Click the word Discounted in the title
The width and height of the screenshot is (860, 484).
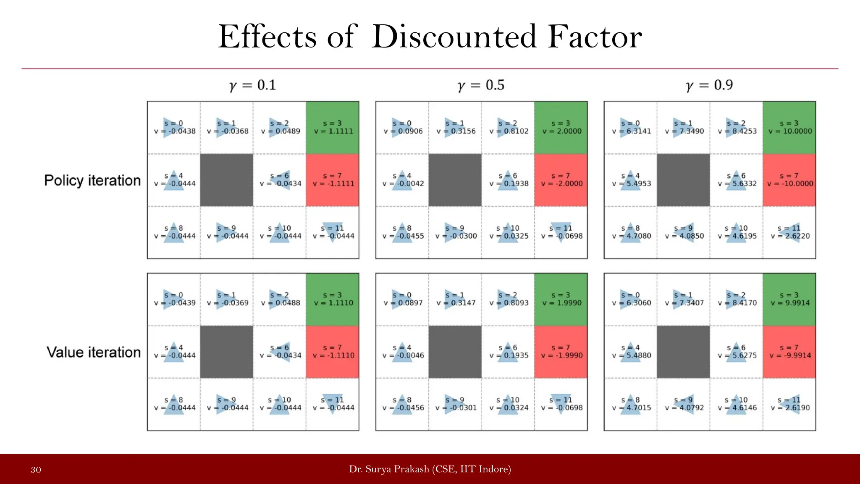pyautogui.click(x=454, y=37)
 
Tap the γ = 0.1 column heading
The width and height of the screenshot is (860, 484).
pyautogui.click(x=253, y=85)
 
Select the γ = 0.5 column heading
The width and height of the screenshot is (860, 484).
pyautogui.click(x=481, y=85)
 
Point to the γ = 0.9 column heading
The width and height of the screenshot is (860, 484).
pyautogui.click(x=710, y=85)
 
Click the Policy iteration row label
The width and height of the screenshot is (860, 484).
pyautogui.click(x=92, y=181)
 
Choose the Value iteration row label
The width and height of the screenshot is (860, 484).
pyautogui.click(x=94, y=352)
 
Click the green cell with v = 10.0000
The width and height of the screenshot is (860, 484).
pyautogui.click(x=789, y=127)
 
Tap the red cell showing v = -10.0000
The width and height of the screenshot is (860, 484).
pyautogui.click(x=789, y=180)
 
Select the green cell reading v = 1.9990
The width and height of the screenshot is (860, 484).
pyautogui.click(x=561, y=299)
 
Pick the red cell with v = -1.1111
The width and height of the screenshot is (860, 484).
pyautogui.click(x=333, y=180)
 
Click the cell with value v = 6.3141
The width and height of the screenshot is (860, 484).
pyautogui.click(x=631, y=127)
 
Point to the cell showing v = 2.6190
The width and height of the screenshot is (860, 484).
pyautogui.click(x=789, y=404)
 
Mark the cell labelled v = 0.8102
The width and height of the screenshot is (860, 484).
pyautogui.click(x=508, y=127)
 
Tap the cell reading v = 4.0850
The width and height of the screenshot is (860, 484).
pyautogui.click(x=684, y=232)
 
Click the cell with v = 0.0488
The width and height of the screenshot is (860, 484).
pyautogui.click(x=280, y=299)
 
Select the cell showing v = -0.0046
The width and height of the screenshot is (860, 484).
pyautogui.click(x=402, y=352)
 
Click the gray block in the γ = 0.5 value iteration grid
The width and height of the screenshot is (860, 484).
pyautogui.click(x=455, y=352)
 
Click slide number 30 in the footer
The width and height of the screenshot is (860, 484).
pyautogui.click(x=36, y=470)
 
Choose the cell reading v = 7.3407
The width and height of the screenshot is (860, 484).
pyautogui.click(x=684, y=299)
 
